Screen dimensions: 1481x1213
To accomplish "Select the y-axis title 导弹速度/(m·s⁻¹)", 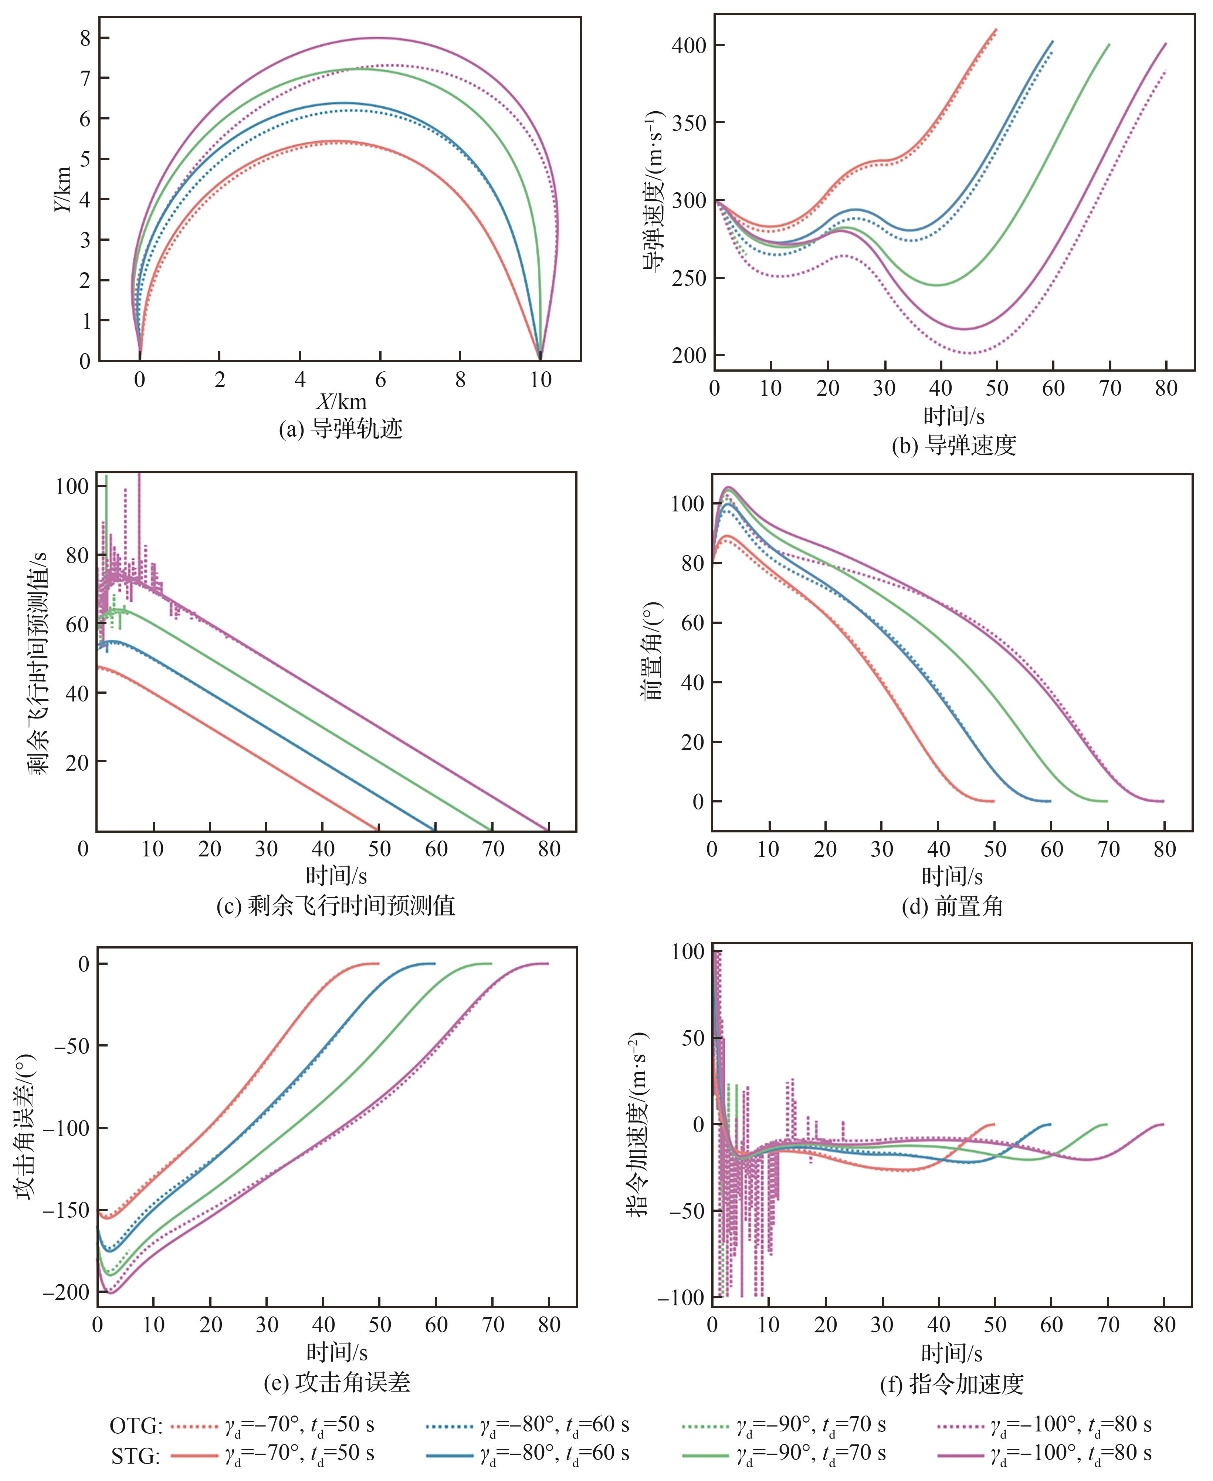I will coord(653,192).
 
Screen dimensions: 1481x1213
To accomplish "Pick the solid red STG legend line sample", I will coord(194,1455).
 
